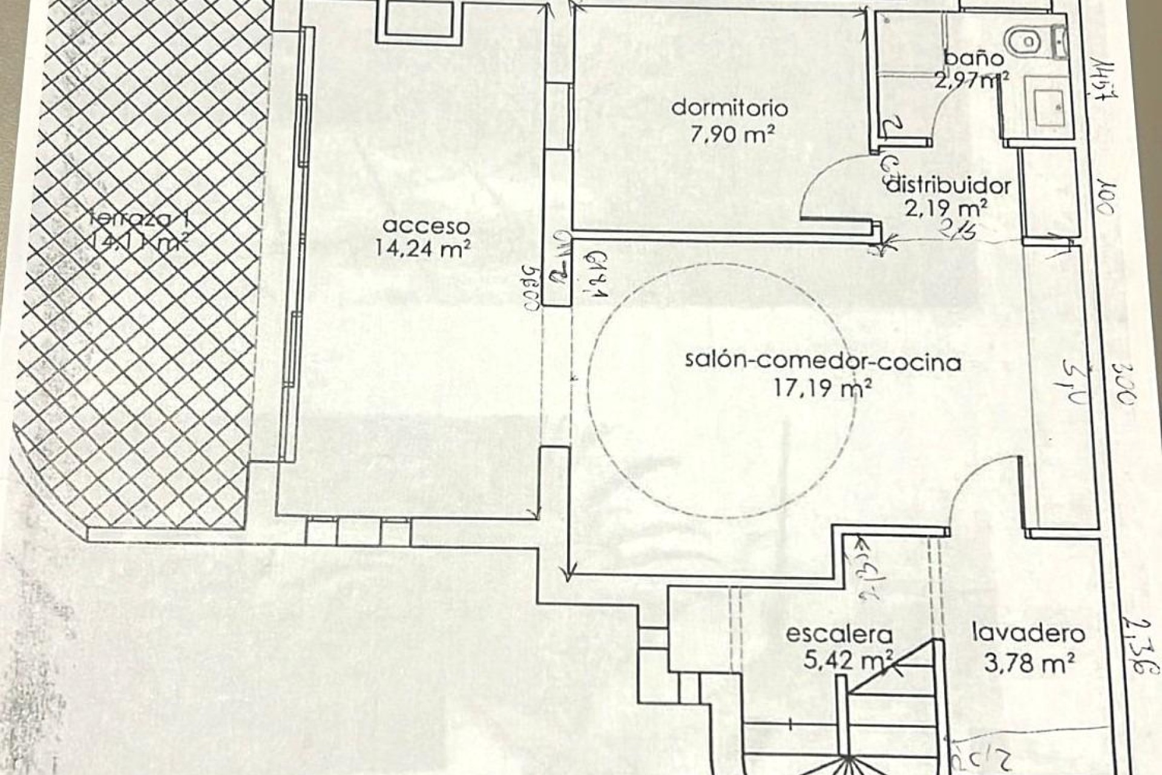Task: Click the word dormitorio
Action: click(x=730, y=108)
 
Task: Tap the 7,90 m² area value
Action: click(x=732, y=134)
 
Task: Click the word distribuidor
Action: click(x=948, y=185)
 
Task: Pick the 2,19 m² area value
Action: click(x=947, y=208)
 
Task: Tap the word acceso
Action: click(x=427, y=226)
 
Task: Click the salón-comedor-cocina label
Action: click(x=823, y=362)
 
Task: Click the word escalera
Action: click(x=839, y=635)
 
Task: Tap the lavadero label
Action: click(x=1028, y=634)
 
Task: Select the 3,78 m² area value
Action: click(x=1029, y=664)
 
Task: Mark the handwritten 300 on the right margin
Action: click(x=1126, y=388)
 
